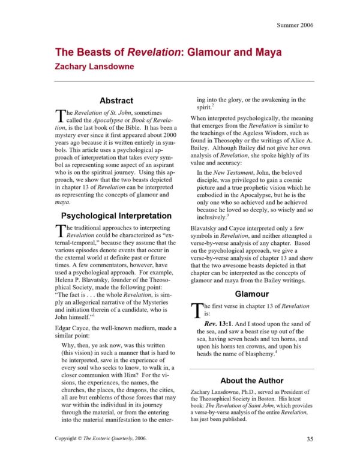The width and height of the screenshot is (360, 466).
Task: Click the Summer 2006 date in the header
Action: click(295, 25)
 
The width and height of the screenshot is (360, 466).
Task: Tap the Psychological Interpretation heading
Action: click(116, 216)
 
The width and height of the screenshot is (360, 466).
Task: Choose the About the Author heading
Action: click(251, 380)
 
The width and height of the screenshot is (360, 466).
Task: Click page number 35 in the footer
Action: click(310, 439)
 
